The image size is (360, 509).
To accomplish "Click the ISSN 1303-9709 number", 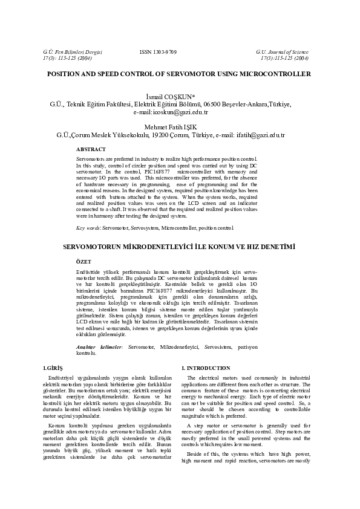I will [158, 53].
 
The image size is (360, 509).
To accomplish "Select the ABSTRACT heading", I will [91, 149].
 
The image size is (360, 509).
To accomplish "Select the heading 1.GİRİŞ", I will [46, 368].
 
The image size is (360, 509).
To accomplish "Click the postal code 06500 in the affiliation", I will [214, 104].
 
